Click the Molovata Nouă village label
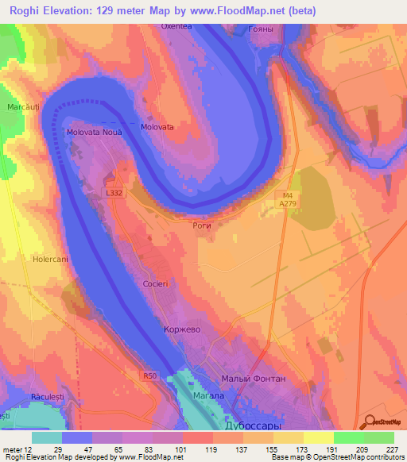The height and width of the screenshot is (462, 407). click(95, 133)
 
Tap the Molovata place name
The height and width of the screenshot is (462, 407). click(157, 126)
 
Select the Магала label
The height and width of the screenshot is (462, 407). click(211, 395)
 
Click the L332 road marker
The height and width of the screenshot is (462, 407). click(114, 193)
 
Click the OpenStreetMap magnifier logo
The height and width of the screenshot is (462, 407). click(370, 423)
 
